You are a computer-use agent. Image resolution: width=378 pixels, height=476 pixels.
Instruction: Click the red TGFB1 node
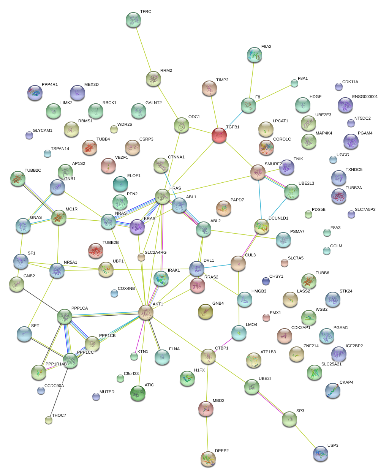(219, 135)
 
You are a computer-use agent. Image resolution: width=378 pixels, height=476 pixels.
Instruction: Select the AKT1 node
(146, 312)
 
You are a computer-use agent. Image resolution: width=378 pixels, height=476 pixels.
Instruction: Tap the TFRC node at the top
(133, 20)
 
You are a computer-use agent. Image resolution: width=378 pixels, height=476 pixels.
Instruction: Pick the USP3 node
(320, 454)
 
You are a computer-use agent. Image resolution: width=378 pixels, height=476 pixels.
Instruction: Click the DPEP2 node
(208, 459)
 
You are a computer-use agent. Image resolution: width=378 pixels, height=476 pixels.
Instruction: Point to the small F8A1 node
(294, 83)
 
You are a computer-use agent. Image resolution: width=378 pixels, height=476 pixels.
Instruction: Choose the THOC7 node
(49, 420)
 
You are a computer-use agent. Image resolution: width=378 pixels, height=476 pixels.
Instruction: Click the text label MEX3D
(92, 85)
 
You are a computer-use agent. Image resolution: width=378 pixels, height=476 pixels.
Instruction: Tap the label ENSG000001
(365, 97)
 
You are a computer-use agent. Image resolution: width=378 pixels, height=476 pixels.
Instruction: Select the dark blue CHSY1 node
(266, 281)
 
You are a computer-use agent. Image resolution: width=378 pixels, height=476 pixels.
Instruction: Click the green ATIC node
(138, 393)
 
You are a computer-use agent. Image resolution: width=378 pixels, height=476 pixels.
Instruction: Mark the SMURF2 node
(258, 172)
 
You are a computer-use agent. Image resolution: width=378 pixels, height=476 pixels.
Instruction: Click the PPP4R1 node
(35, 93)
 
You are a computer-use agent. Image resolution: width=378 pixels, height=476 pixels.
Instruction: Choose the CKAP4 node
(333, 391)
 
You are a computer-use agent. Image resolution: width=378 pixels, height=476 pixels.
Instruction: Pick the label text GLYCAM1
(43, 131)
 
